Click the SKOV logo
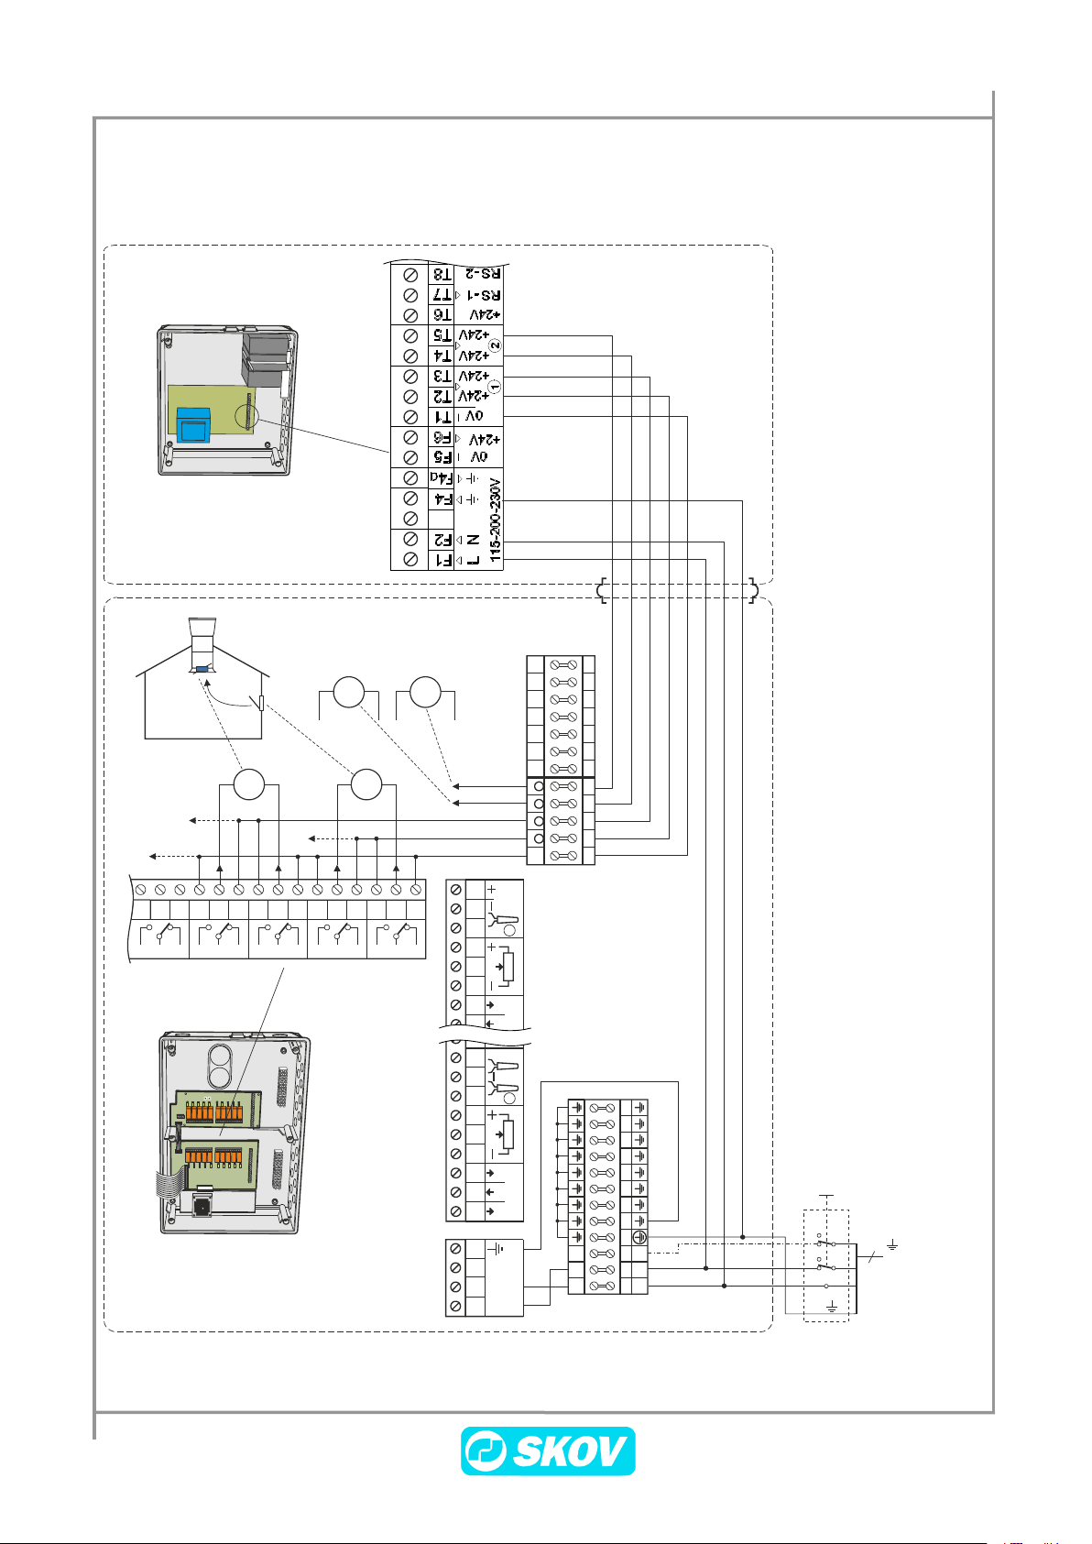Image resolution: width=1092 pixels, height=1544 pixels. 547,1451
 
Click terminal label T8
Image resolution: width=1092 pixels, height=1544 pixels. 442,274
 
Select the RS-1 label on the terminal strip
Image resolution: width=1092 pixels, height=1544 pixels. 480,295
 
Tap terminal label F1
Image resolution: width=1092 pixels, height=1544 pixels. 442,559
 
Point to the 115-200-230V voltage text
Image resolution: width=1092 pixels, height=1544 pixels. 496,519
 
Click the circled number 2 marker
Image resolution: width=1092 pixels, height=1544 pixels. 496,345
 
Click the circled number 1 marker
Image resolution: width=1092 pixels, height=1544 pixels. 496,387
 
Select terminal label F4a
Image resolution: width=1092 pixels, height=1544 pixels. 442,478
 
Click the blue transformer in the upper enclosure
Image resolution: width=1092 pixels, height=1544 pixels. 194,424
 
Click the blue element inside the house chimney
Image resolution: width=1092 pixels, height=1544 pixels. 202,669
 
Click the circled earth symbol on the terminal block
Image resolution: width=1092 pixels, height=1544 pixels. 639,1237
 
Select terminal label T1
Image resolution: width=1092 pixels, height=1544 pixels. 442,417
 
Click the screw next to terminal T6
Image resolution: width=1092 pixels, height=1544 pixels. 411,315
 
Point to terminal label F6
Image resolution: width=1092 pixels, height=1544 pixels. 442,438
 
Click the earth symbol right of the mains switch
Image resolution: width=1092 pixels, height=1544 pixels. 891,1246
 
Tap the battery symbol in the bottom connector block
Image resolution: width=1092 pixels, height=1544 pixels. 496,1248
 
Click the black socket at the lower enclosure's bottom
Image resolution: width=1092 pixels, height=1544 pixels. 201,1207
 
